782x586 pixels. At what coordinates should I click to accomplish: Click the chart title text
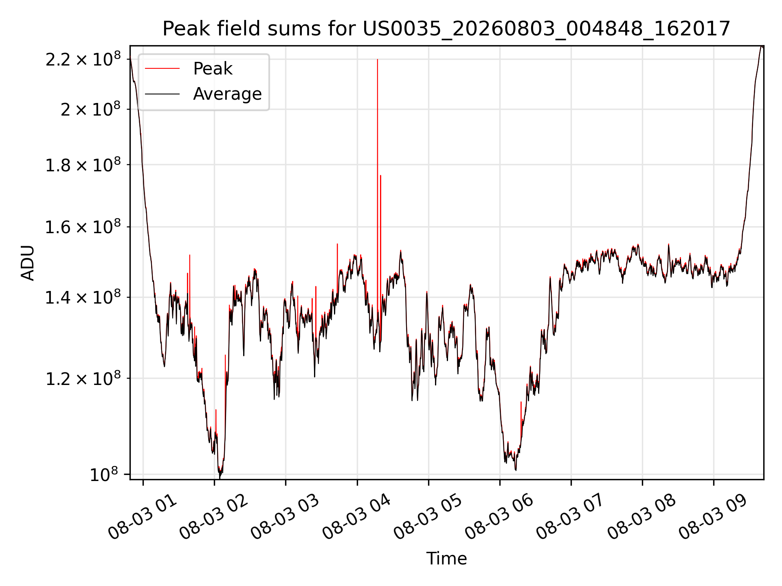pos(446,29)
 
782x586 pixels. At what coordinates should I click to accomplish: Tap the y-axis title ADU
pos(28,263)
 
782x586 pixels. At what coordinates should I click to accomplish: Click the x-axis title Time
pos(446,558)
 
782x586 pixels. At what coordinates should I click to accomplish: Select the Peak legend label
pos(213,69)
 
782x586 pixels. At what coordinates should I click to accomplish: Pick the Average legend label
pos(227,94)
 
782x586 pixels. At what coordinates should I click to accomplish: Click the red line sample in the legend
pos(162,69)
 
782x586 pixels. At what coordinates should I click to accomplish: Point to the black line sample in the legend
pos(162,94)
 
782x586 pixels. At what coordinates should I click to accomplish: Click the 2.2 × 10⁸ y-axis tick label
pos(83,59)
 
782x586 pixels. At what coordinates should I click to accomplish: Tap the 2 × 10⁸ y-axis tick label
pos(91,109)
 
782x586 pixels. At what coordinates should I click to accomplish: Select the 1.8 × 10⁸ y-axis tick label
pos(83,165)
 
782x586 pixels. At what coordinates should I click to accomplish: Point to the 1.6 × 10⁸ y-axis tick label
pos(83,227)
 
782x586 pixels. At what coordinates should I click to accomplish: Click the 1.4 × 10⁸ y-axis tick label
pos(83,297)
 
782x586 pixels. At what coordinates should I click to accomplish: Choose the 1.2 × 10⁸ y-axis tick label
pos(83,378)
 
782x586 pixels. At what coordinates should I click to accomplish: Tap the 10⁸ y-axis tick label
pos(104,474)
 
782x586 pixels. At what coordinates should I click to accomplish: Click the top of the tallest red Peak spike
pos(378,59)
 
